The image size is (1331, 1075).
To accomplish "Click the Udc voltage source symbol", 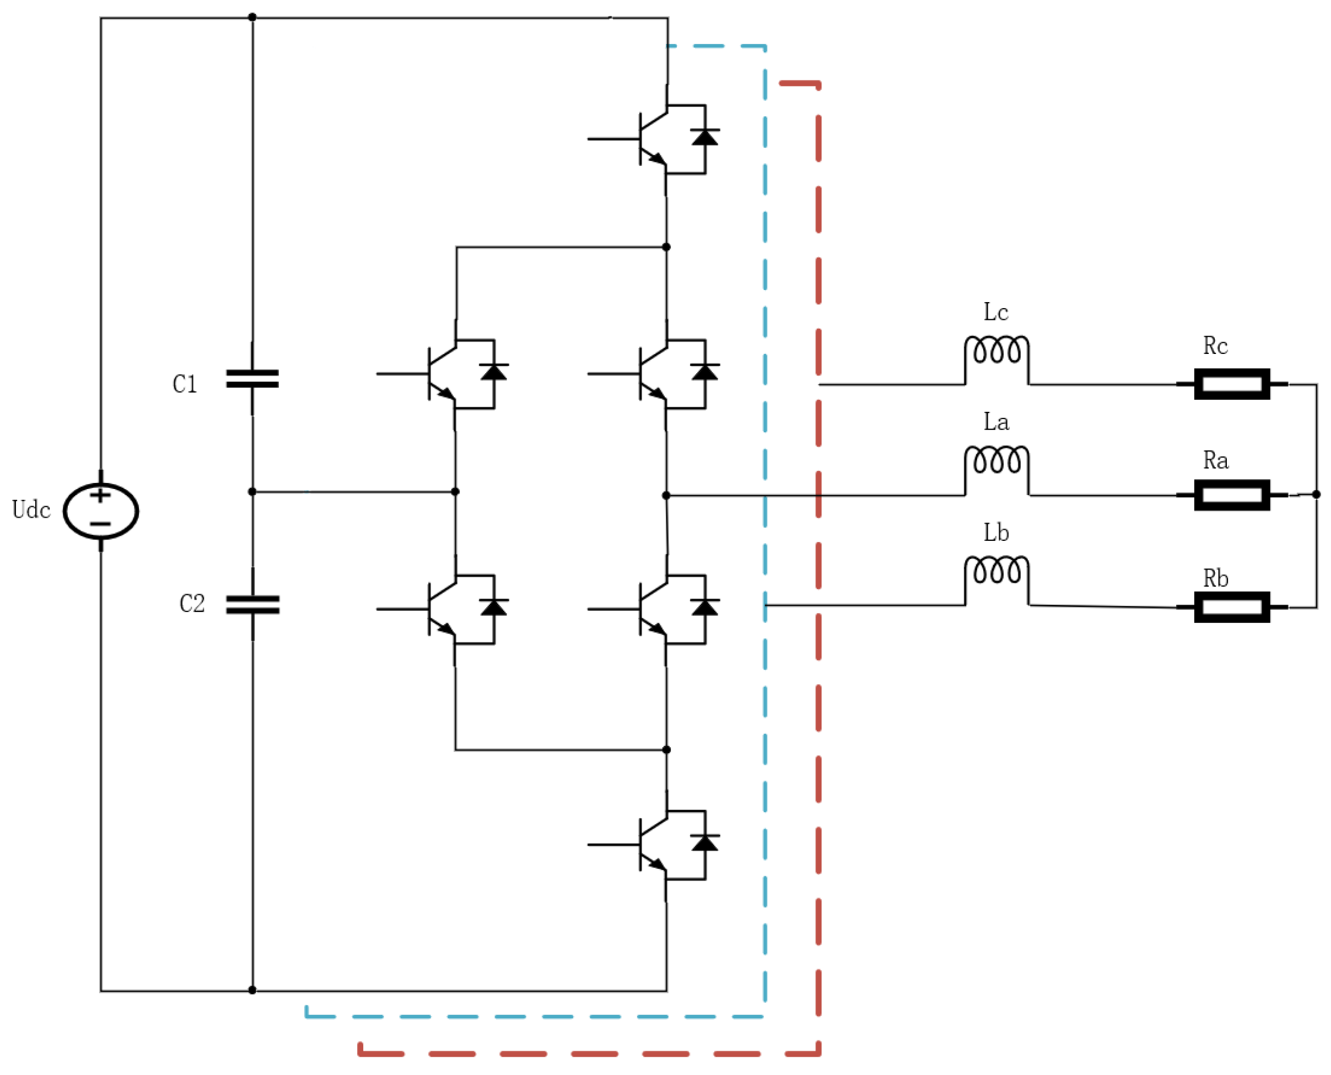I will pos(101,511).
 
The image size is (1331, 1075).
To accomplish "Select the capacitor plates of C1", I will pos(252,378).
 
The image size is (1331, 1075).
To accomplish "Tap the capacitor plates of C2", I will pos(252,604).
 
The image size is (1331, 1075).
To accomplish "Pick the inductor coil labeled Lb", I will pos(996,572).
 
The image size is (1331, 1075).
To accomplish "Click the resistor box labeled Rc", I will pos(1231,384).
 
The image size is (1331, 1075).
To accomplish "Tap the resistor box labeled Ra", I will pos(1231,495).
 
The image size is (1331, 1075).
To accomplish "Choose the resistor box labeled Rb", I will pos(1231,607).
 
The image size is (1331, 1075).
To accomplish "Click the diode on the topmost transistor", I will pos(704,137).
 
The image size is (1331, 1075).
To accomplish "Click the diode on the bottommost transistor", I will pos(704,843).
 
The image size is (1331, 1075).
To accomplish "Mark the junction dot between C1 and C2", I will pos(252,492).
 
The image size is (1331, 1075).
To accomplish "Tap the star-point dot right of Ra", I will pos(1316,494).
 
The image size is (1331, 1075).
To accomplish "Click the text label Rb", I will pos(1215,578).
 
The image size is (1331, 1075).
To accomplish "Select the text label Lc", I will pos(995,312).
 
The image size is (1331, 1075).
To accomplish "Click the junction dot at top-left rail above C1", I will pos(252,17).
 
